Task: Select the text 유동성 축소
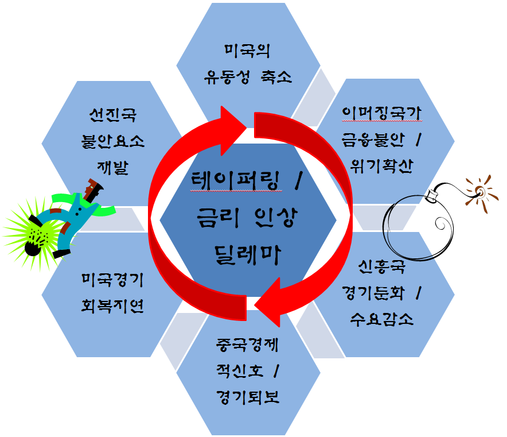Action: [x=248, y=76]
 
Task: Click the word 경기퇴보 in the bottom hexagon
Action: [x=247, y=397]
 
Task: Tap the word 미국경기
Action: [x=112, y=281]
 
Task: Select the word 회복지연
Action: [x=112, y=306]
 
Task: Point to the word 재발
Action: [x=112, y=167]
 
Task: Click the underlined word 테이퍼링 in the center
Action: [x=237, y=182]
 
